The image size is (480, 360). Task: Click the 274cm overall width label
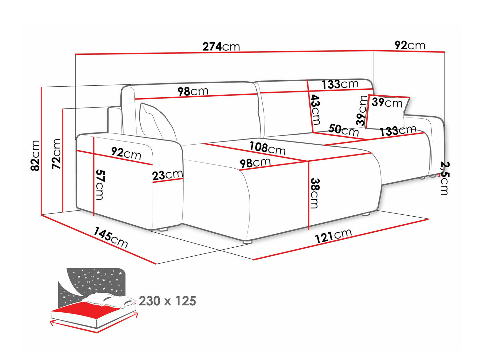coord(221,46)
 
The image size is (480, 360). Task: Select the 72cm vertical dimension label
coord(56,154)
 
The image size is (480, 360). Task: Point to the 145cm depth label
coord(111,237)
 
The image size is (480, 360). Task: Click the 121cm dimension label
coord(333,236)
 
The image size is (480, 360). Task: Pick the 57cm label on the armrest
coord(100,185)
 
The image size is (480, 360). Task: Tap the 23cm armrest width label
coord(167,175)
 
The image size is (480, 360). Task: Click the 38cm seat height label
coord(315,193)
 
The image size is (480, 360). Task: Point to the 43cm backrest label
coord(315,109)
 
